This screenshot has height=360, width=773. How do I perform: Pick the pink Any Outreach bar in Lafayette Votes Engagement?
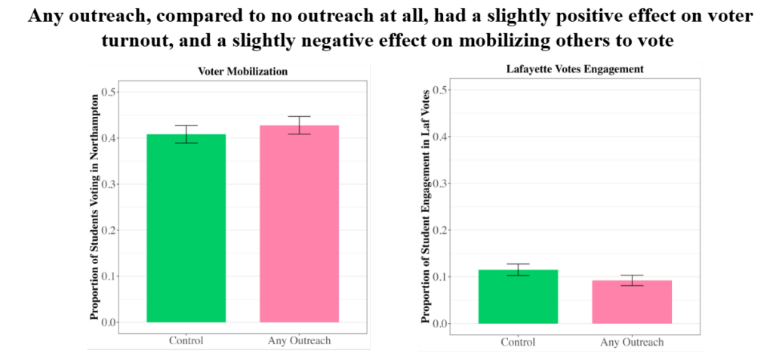click(x=632, y=302)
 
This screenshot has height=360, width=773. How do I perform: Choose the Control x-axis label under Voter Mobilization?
click(x=186, y=340)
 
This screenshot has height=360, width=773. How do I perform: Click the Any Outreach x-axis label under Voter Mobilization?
click(x=299, y=340)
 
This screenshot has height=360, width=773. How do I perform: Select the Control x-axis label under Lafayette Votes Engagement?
click(x=518, y=342)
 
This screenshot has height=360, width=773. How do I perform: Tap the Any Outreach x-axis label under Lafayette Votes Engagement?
click(x=632, y=342)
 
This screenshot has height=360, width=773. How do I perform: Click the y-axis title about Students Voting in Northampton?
click(x=94, y=207)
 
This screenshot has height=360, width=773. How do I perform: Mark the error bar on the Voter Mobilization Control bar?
click(x=186, y=134)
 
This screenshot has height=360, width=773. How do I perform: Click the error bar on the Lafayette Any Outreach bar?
click(x=632, y=280)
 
